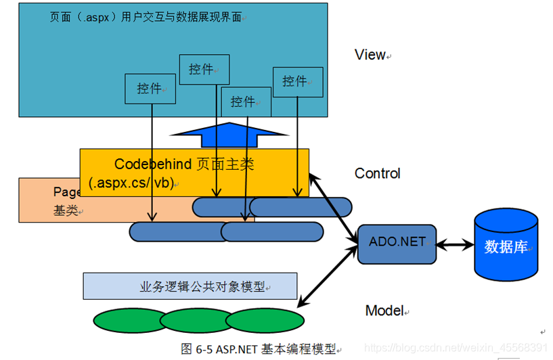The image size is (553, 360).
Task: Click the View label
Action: click(x=370, y=55)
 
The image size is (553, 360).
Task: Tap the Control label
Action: click(x=377, y=173)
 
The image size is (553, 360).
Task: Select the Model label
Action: click(x=384, y=311)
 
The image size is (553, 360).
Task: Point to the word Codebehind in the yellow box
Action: click(x=154, y=164)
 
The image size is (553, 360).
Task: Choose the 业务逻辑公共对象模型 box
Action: click(x=190, y=286)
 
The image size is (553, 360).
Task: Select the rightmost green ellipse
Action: click(x=265, y=319)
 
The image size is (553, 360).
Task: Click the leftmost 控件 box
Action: click(x=150, y=89)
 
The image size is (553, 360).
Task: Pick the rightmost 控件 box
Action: click(x=297, y=81)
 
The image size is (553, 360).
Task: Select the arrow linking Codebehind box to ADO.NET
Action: click(x=333, y=206)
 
